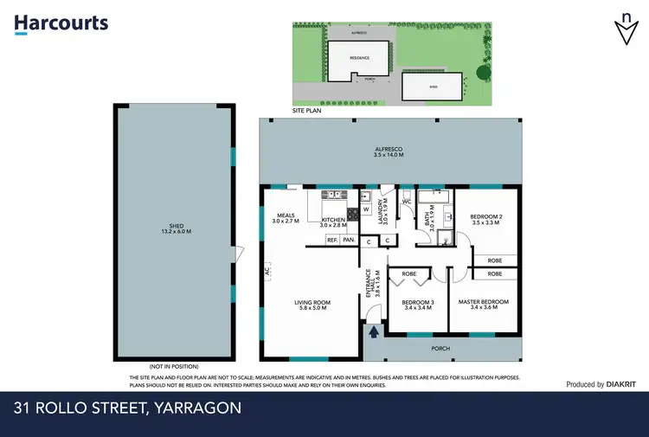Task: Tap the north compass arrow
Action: (x=624, y=29)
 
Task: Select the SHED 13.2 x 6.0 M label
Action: (x=174, y=230)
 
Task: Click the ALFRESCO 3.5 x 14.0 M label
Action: (x=391, y=154)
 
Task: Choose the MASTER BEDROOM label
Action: (x=483, y=305)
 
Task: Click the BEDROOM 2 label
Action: (x=486, y=219)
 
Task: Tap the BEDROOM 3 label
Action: (x=418, y=305)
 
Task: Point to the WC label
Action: (x=406, y=202)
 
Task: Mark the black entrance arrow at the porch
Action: (x=374, y=331)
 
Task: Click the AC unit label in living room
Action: (x=267, y=271)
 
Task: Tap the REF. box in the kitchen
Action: (x=332, y=240)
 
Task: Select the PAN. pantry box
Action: (x=350, y=240)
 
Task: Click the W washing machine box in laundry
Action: (x=365, y=209)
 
